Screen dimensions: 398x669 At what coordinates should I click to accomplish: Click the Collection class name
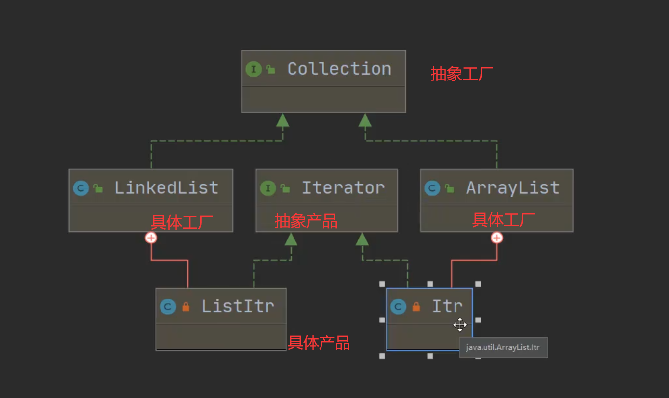tap(339, 69)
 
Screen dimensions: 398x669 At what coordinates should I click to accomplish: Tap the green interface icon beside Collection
tap(253, 69)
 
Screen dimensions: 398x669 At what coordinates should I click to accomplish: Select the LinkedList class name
tap(166, 187)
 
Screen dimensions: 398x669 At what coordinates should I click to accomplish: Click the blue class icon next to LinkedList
tap(80, 188)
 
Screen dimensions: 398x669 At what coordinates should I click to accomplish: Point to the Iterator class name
tap(343, 187)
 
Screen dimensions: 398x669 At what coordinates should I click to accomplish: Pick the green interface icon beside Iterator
tap(268, 188)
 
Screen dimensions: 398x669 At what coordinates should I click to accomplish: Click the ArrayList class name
tap(512, 187)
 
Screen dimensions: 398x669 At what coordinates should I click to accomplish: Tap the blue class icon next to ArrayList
tap(432, 188)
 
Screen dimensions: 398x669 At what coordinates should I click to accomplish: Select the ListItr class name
tap(238, 306)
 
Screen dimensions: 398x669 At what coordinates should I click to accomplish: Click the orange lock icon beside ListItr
tap(186, 307)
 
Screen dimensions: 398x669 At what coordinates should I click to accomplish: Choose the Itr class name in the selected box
tap(447, 306)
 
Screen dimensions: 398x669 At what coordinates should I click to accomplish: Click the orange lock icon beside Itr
tap(416, 307)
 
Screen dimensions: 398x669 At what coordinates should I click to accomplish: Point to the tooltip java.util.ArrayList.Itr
tap(503, 347)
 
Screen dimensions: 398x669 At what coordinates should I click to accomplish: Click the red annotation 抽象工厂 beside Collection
tap(462, 74)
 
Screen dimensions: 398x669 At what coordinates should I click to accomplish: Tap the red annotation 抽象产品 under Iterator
tap(306, 221)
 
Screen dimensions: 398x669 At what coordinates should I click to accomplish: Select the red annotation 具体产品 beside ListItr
tap(319, 343)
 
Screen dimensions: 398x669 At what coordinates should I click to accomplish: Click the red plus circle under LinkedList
tap(151, 238)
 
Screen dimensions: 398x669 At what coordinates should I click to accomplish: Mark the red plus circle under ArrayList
tap(497, 238)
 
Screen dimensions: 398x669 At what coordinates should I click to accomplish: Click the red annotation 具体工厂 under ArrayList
tap(503, 220)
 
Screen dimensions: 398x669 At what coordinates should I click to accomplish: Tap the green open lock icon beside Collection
tap(270, 70)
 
